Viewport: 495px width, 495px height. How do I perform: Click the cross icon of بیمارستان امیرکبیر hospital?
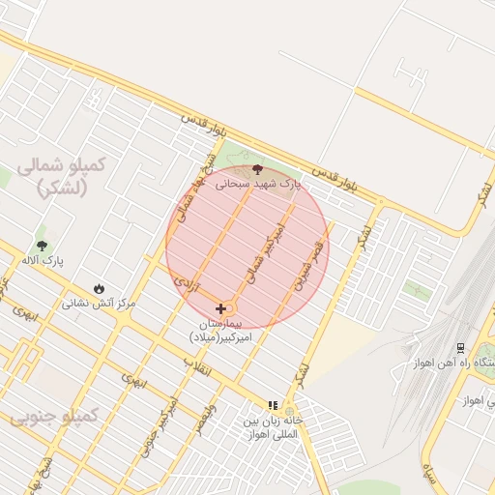pos(220,308)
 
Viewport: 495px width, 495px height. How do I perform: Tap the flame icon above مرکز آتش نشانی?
pos(100,289)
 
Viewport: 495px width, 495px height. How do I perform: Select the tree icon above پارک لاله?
pos(41,246)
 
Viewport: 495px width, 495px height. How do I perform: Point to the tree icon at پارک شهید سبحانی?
pos(257,169)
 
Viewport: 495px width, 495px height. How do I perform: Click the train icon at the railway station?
pos(460,348)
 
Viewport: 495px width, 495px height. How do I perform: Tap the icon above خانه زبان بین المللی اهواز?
pos(273,405)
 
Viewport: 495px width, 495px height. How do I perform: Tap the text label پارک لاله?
pos(41,260)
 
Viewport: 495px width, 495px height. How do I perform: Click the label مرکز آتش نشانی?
pos(100,303)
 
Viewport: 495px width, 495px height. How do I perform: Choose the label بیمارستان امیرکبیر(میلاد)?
pos(223,330)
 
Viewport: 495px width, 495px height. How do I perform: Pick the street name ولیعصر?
pos(206,421)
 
